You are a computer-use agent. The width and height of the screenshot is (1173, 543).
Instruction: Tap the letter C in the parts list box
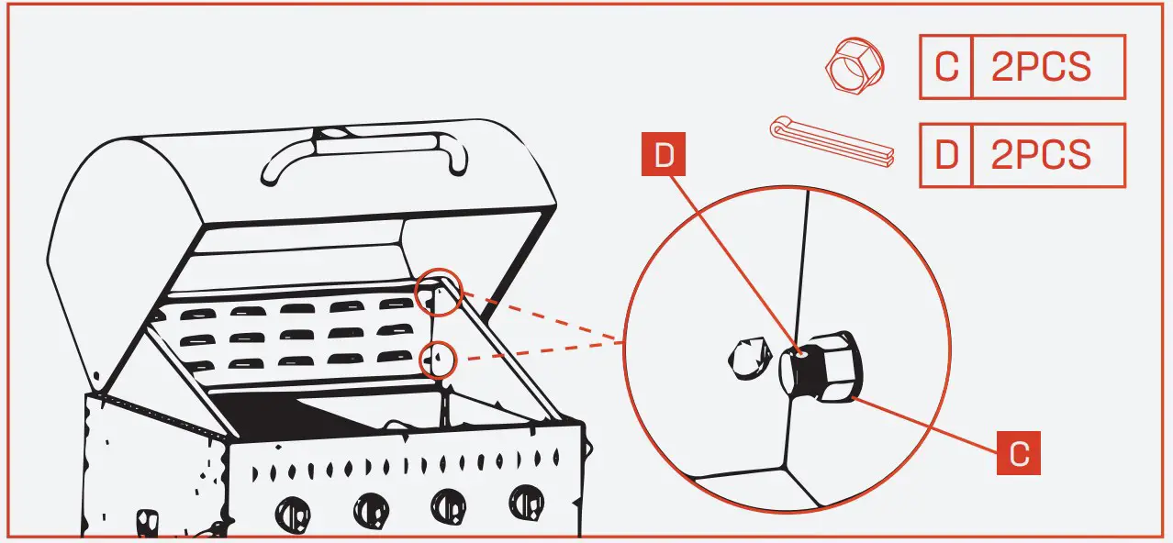coord(944,67)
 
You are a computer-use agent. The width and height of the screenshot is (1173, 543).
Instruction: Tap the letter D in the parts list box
coord(945,156)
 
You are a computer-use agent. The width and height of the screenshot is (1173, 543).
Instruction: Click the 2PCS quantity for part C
coord(1045,67)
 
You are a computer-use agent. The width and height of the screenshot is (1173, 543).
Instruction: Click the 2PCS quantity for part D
coord(1045,156)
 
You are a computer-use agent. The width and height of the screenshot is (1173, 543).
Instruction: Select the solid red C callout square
coord(1019,453)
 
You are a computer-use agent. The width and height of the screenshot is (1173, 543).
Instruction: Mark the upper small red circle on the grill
coord(439,294)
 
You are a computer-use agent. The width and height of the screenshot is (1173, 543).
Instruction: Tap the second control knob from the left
coord(372,507)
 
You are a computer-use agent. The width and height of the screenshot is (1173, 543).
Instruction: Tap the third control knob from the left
coord(449,505)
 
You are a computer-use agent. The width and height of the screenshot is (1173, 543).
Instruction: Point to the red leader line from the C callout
coord(927,425)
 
